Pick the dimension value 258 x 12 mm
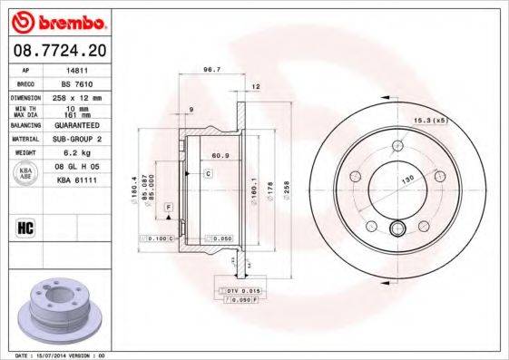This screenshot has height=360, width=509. point(80,96)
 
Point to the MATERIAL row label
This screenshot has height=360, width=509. point(24,139)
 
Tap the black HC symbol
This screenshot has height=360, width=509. point(24,227)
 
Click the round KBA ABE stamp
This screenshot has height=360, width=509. point(25,174)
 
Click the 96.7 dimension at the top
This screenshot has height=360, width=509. point(213,69)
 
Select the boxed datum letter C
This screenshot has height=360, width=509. point(208,172)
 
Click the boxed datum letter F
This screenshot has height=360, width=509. point(168,209)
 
